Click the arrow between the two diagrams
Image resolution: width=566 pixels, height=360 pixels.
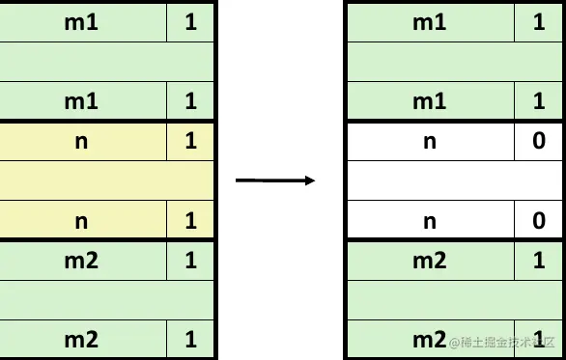point(275,180)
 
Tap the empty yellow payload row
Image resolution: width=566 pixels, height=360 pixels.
point(106,180)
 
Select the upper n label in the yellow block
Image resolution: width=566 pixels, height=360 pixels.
point(81,141)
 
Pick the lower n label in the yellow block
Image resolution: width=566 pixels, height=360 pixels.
point(81,221)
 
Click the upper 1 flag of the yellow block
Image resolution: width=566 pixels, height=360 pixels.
point(190,141)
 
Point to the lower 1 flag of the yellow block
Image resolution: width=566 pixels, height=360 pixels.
point(190,221)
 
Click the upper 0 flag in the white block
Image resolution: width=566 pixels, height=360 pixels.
point(539,141)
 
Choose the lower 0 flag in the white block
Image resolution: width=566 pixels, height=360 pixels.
point(539,221)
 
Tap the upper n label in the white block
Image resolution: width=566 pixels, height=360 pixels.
point(430,141)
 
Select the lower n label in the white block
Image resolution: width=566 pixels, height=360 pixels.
point(430,221)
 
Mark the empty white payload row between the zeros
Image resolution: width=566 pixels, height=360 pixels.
point(454,180)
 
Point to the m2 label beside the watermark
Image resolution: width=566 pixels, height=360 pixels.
point(428,340)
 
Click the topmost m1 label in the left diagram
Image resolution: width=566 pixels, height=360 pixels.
point(81,21)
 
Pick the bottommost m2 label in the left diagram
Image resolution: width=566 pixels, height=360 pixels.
point(81,340)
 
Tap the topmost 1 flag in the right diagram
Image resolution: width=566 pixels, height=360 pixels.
point(539,21)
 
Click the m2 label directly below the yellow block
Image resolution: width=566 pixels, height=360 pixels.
point(81,261)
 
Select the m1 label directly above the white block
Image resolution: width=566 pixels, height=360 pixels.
point(430,101)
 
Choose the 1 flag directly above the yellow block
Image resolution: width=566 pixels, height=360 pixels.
point(190,101)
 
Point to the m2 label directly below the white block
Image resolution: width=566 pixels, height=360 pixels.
point(430,261)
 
